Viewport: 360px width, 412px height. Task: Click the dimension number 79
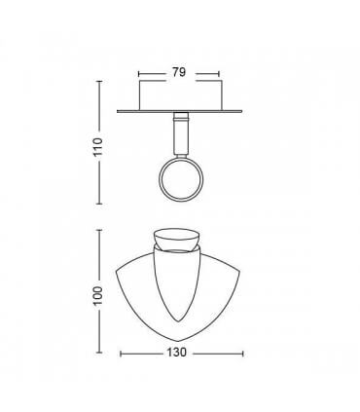pyautogui.click(x=178, y=72)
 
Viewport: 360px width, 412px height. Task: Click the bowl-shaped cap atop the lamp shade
pyautogui.click(x=178, y=241)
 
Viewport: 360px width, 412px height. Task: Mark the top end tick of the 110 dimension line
pyautogui.click(x=101, y=80)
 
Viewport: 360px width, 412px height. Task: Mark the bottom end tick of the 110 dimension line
pyautogui.click(x=101, y=204)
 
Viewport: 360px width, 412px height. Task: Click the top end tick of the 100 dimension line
pyautogui.click(x=101, y=230)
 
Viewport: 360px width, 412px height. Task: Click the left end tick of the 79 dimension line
pyautogui.click(x=140, y=72)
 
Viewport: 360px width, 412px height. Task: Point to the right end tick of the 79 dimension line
pyautogui.click(x=218, y=72)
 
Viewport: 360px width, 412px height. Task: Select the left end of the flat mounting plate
pyautogui.click(x=118, y=111)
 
